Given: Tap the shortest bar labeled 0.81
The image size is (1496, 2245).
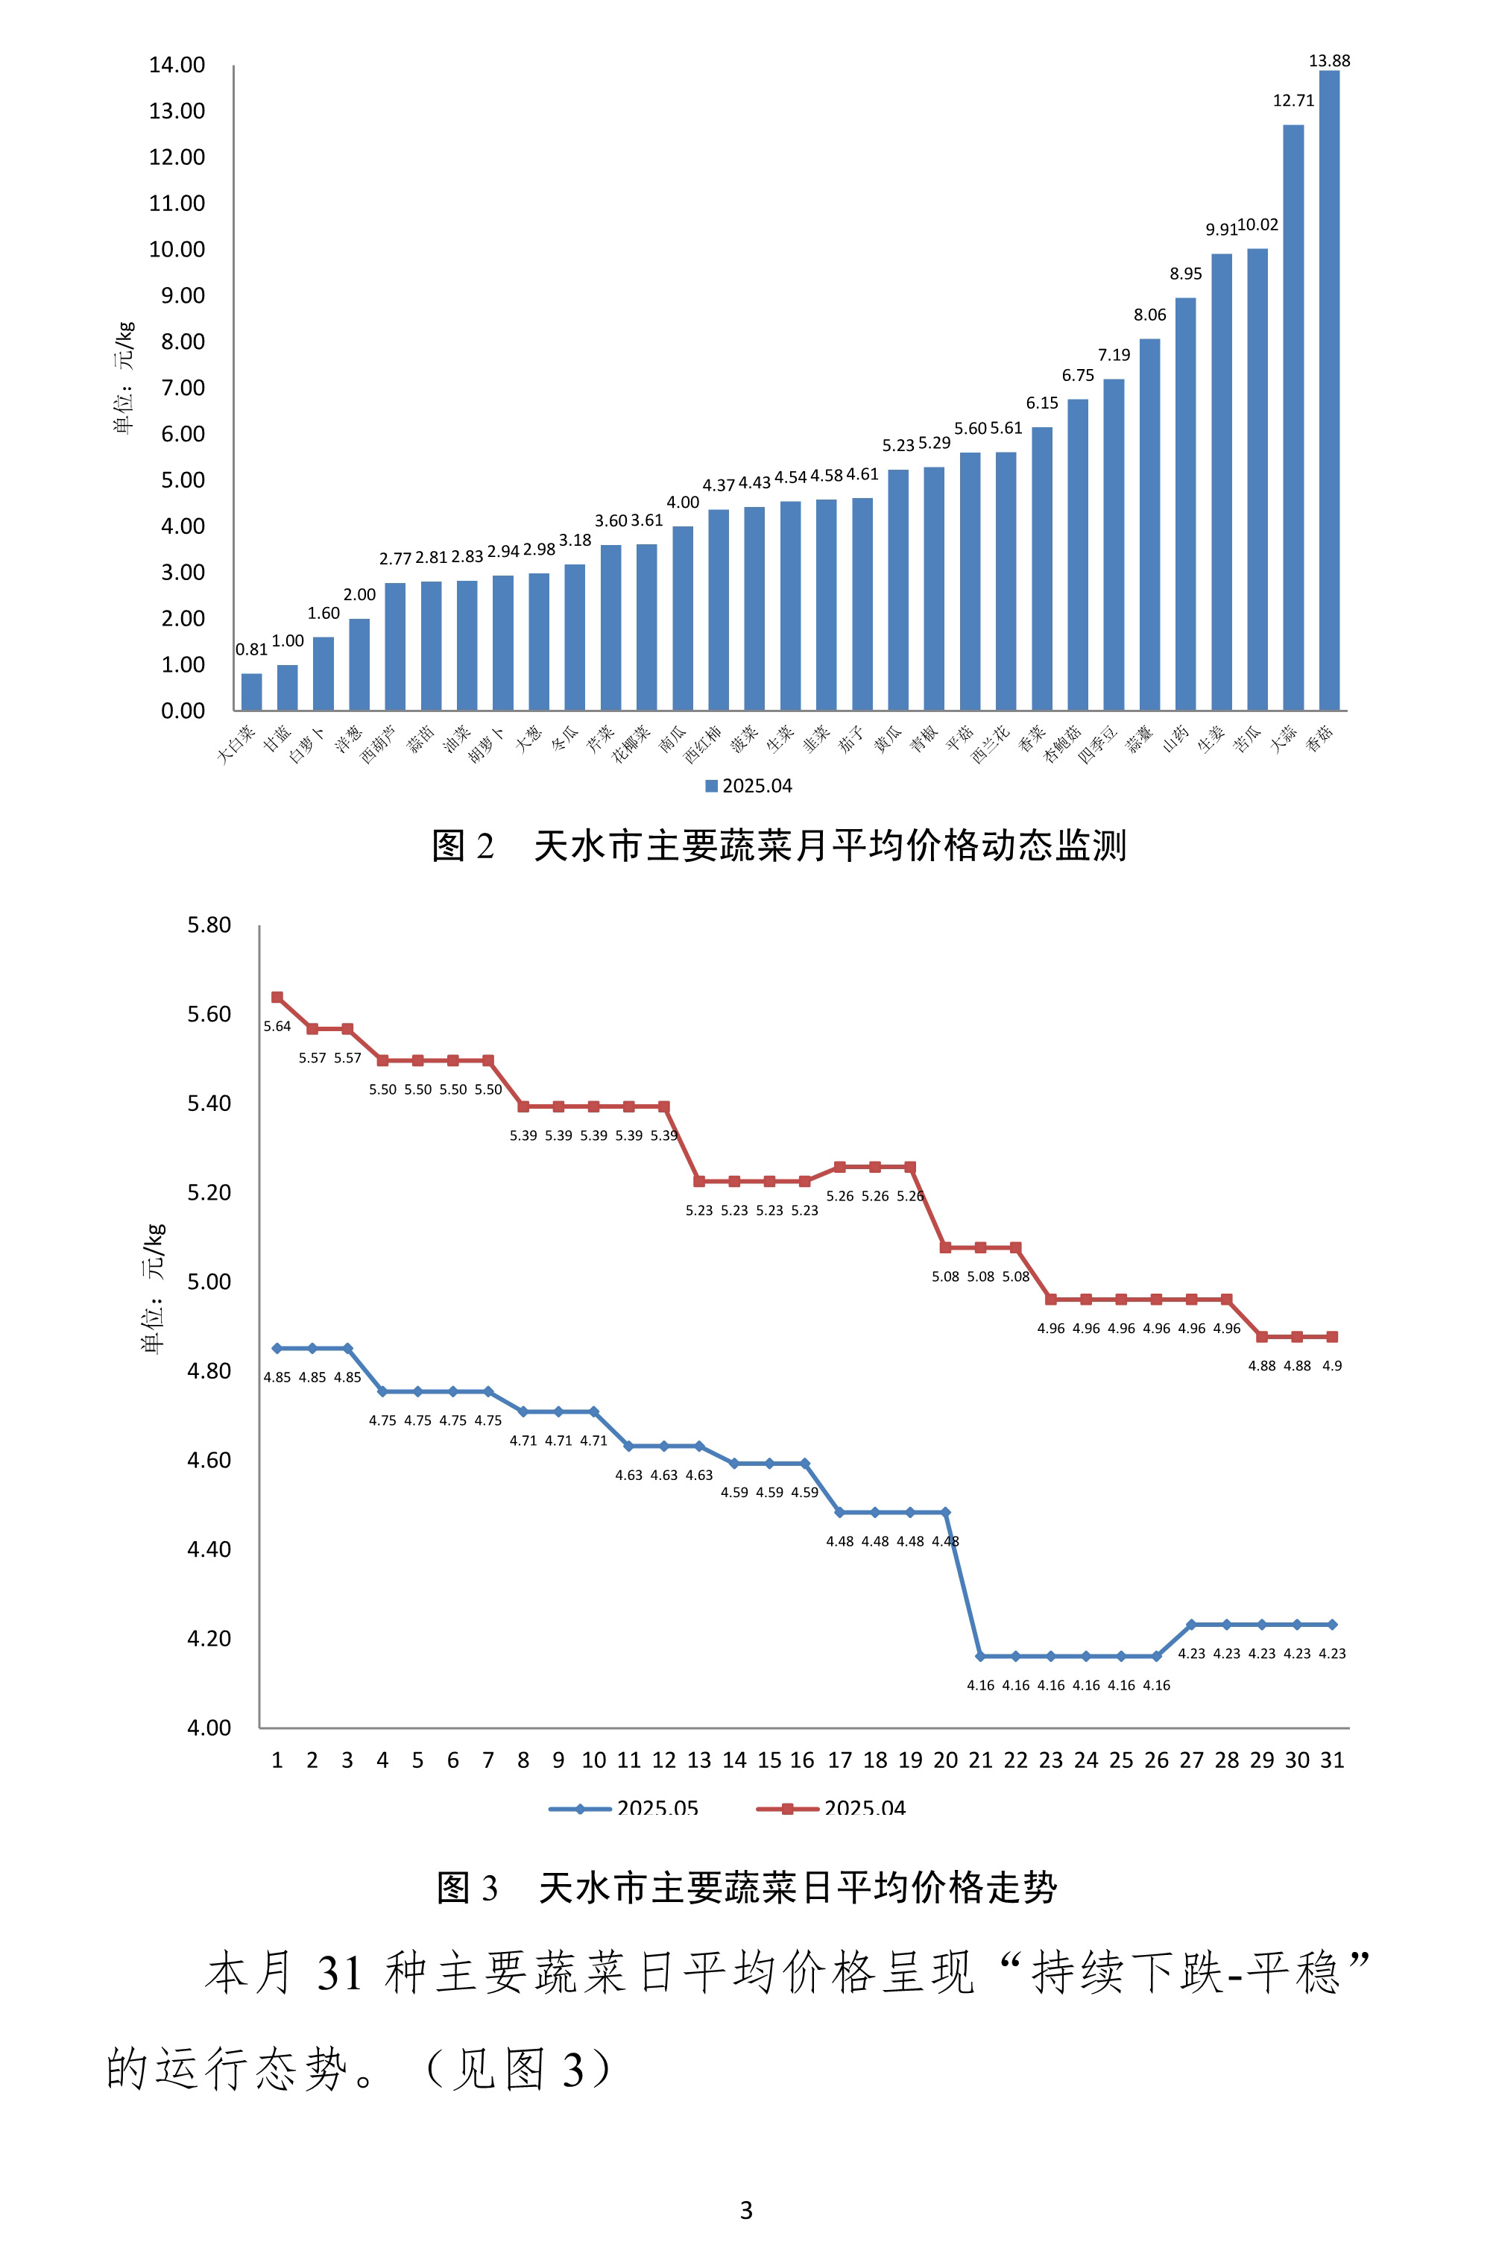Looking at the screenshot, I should point(251,692).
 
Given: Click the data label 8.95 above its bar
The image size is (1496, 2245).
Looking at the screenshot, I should point(1185,274).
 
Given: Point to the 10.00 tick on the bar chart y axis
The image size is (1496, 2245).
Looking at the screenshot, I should point(177,250).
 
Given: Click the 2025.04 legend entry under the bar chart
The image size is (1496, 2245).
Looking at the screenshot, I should point(749,785).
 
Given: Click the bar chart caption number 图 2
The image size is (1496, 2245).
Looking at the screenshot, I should point(463,846).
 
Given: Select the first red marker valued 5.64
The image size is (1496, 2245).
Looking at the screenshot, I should point(277,997).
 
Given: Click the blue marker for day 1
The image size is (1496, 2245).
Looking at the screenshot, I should point(277,1348).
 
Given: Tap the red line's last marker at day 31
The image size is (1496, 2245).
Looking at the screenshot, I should point(1332,1337).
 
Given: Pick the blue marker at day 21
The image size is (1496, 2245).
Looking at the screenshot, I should point(980,1656).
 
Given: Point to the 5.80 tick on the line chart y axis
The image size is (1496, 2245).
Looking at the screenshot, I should point(209,925).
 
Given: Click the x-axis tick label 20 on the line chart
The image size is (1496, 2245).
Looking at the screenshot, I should point(944,1760).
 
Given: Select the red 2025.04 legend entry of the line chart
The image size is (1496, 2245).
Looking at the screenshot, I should point(832,1808).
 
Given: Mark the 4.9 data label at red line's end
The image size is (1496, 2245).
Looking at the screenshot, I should point(1332,1365).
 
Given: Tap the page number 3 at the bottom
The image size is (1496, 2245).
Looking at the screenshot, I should point(746,2210).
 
